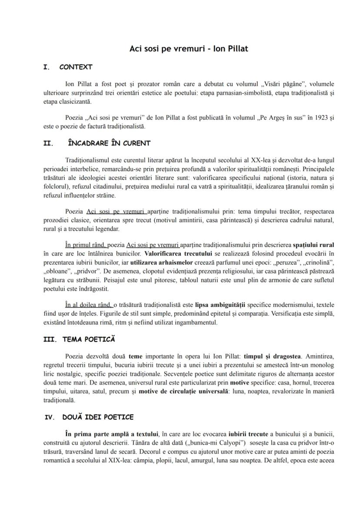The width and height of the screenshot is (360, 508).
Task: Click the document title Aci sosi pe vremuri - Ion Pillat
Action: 189,49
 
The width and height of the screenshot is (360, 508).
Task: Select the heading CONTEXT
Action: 76,67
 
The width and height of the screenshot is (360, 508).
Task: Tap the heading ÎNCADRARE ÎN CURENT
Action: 109,143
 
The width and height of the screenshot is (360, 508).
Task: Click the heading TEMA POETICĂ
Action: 89,339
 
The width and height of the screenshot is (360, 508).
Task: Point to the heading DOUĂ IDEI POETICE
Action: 98,417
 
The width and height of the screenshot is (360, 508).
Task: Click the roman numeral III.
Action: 50,339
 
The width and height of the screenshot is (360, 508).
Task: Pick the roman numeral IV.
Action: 50,417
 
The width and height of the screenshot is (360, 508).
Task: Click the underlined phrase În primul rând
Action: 84,245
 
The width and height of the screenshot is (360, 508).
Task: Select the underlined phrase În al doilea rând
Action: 88,305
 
